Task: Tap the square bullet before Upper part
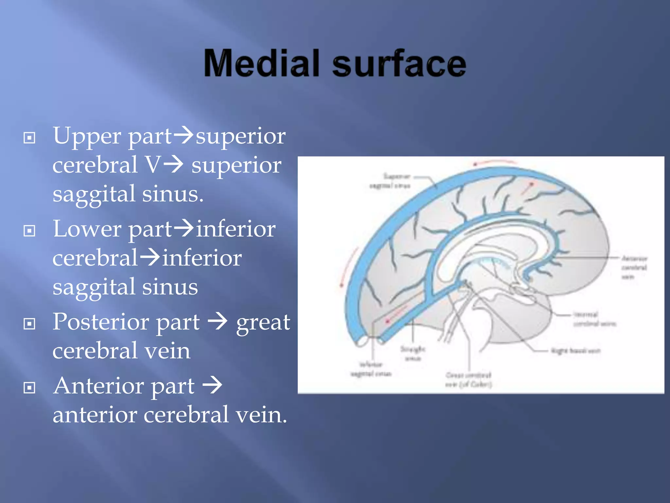point(29,138)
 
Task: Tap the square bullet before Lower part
point(29,231)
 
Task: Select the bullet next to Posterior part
point(29,324)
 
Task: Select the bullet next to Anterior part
point(29,388)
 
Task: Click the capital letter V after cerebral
point(153,165)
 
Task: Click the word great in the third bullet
point(263,323)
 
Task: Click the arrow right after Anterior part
point(212,385)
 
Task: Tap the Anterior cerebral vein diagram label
point(634,267)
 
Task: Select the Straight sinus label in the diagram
point(413,354)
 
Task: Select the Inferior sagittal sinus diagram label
point(371,369)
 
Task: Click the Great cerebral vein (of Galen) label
point(468,380)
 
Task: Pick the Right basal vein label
point(576,351)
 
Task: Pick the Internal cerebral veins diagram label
point(594,319)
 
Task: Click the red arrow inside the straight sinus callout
point(397,314)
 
